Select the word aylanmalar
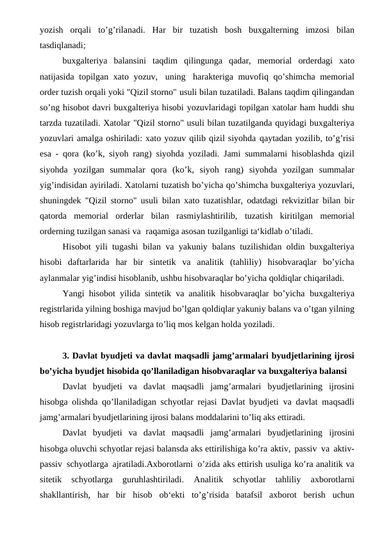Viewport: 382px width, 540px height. tap(60, 278)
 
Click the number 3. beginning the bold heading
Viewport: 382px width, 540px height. tap(67, 355)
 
